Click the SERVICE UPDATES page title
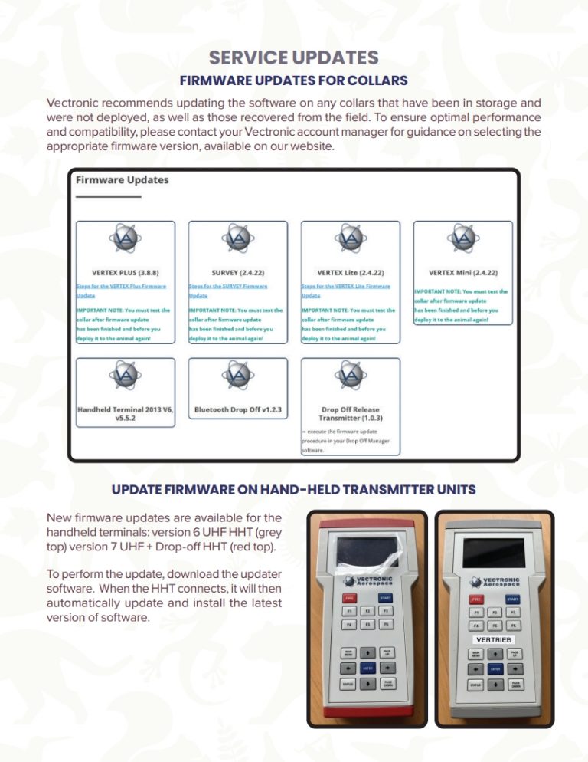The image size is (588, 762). click(x=294, y=58)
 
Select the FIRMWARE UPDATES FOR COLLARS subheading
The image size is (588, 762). click(x=293, y=80)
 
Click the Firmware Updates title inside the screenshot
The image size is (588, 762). click(x=122, y=180)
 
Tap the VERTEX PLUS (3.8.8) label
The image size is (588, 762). click(x=126, y=272)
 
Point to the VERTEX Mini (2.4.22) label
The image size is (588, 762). click(x=462, y=272)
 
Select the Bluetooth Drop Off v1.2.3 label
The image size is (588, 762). click(x=238, y=410)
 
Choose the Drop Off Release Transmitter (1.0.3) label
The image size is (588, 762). click(x=350, y=414)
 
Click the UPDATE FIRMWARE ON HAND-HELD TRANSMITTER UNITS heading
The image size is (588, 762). click(x=294, y=489)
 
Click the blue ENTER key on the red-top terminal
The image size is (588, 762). click(x=367, y=668)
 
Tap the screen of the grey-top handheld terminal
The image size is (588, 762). click(x=493, y=552)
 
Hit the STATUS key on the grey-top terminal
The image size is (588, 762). click(x=475, y=684)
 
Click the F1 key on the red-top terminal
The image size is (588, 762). click(x=349, y=611)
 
